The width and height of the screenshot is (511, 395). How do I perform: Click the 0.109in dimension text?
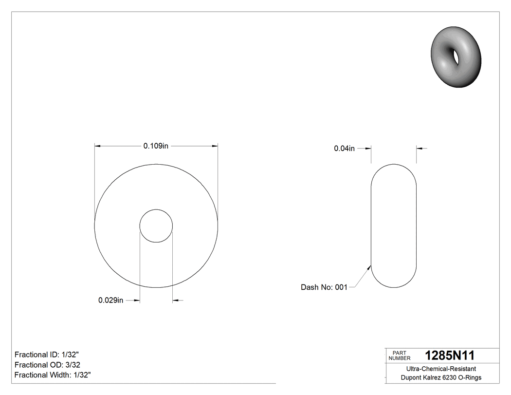point(156,146)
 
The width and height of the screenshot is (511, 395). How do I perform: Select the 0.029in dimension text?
point(111,301)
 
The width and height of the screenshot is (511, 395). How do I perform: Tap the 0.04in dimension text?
point(344,149)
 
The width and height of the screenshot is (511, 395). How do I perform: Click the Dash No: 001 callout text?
point(324,287)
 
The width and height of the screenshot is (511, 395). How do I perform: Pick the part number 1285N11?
point(450,356)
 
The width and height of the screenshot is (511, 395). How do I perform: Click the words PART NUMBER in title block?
point(400,356)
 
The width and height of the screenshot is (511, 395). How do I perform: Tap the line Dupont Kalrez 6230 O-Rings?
point(441,377)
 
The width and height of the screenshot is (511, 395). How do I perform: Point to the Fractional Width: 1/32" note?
point(53,375)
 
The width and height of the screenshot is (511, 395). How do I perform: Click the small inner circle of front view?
point(156,226)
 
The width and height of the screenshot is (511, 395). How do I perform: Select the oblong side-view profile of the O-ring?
point(394,226)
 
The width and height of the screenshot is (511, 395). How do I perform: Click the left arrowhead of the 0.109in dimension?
point(97,146)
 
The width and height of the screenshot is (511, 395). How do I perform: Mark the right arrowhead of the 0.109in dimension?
point(215,146)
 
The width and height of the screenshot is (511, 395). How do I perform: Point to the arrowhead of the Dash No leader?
point(370,267)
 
